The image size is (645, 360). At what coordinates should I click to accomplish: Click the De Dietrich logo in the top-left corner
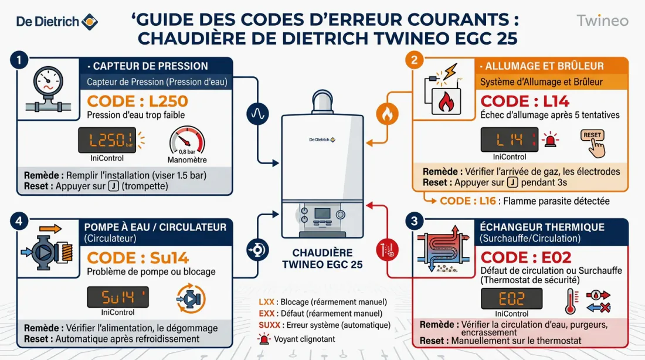coord(56,22)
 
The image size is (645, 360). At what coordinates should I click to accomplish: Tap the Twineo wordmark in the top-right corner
coord(602,21)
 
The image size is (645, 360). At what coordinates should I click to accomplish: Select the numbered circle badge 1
coord(19,60)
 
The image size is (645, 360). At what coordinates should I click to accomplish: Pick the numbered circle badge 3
coord(415,221)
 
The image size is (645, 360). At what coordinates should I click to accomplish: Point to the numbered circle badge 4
coord(19,222)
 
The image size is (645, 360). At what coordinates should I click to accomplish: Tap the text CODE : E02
coord(525,257)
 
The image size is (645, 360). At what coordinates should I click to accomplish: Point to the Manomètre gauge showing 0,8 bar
coord(186,144)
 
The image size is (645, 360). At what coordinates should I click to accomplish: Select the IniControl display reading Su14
coord(118,297)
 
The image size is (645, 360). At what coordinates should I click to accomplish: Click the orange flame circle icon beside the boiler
coord(386,115)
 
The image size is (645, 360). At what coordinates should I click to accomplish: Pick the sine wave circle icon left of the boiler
coord(257,114)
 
